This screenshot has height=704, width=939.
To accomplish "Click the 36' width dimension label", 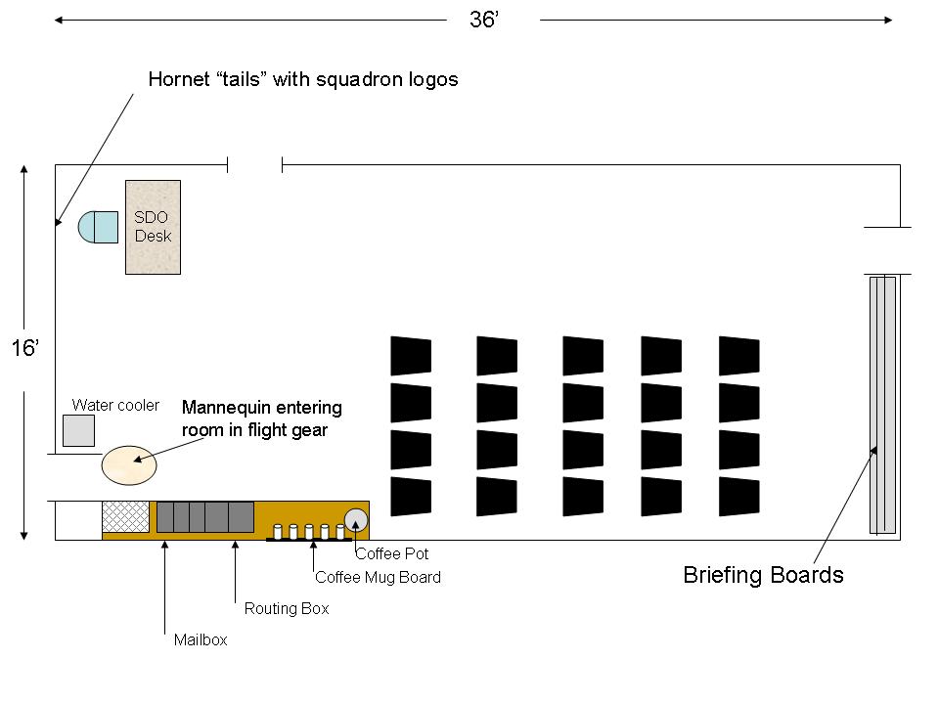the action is click(x=484, y=20).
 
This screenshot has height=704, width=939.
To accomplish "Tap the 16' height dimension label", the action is click(x=25, y=348).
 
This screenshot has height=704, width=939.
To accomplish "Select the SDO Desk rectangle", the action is click(x=153, y=228).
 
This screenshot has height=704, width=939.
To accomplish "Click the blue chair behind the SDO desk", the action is click(x=98, y=227).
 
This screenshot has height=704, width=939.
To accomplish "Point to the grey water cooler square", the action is click(x=79, y=430).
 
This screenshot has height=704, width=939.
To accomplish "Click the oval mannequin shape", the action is click(x=129, y=465).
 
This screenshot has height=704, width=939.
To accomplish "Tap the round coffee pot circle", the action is click(x=356, y=520).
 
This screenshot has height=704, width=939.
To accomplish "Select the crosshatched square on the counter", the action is click(x=126, y=516).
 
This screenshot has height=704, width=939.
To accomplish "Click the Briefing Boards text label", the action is click(x=764, y=575).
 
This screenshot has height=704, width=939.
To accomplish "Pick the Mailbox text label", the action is click(x=201, y=639).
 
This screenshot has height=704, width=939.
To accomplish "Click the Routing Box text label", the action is click(x=287, y=609).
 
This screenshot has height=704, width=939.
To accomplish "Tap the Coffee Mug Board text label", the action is click(x=378, y=577).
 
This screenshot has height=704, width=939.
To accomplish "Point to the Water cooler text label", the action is click(x=115, y=405).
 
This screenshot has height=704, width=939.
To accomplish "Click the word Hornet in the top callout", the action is click(x=179, y=79).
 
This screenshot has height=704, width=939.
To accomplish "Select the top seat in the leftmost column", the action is click(x=411, y=356).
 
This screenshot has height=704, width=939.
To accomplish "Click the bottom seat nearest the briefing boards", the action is click(x=739, y=497).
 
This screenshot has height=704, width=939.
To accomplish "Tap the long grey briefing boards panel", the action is click(x=882, y=405).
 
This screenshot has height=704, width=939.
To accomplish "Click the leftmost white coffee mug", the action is click(x=277, y=532).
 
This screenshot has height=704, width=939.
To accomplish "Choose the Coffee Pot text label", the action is click(x=392, y=553).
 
